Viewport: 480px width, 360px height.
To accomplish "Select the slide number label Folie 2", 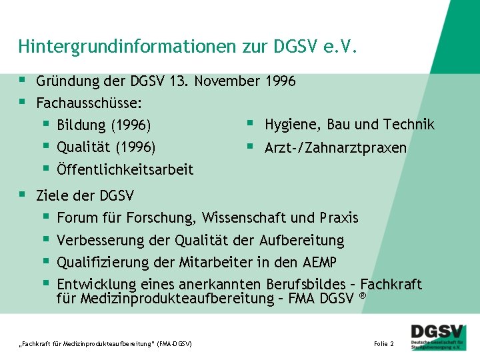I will [x=384, y=343].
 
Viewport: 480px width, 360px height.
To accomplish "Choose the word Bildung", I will [x=81, y=125].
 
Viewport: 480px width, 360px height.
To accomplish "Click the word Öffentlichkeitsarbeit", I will [x=125, y=170].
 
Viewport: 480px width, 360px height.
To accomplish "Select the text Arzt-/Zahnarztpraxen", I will [x=335, y=147].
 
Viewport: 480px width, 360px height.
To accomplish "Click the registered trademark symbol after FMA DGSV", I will [x=363, y=295].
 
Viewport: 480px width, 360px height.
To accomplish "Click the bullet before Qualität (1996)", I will [x=46, y=146].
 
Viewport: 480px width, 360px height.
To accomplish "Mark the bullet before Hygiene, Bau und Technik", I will [x=249, y=123].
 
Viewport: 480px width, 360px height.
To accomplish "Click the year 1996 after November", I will [x=280, y=81].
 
